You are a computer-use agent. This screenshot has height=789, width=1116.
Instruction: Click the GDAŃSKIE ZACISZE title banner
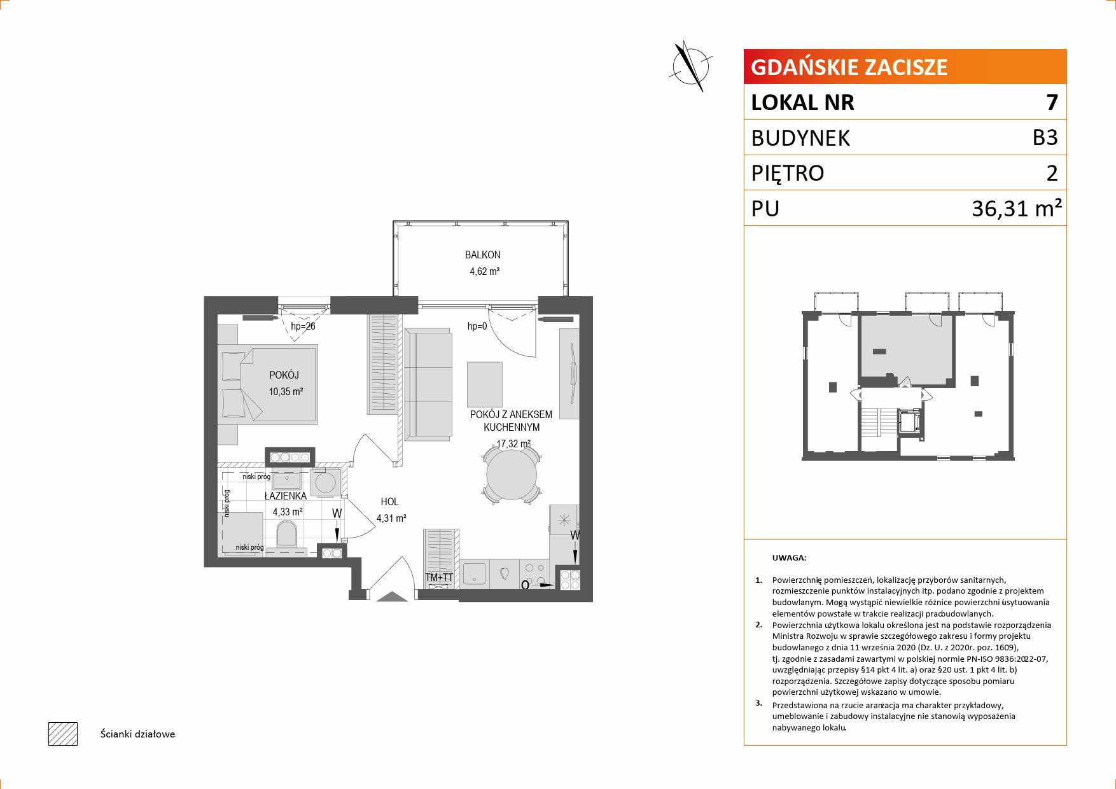(x=905, y=67)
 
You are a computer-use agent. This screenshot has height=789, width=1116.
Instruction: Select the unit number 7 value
(x=1052, y=102)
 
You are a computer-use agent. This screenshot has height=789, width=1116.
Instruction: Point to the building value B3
(x=1045, y=137)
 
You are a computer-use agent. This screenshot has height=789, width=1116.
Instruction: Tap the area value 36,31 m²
(x=1017, y=208)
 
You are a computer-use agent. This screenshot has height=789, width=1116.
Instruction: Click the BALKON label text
(x=482, y=255)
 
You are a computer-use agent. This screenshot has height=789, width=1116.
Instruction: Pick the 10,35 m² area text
(x=286, y=392)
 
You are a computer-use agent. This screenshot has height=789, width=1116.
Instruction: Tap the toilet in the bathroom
(x=287, y=535)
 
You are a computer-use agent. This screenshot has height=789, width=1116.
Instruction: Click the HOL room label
(x=389, y=502)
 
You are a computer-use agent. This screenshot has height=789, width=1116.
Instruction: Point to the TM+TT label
(x=439, y=578)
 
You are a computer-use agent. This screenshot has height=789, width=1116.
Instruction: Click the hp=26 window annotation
(x=303, y=326)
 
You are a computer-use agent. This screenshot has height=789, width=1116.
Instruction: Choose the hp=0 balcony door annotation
(x=477, y=326)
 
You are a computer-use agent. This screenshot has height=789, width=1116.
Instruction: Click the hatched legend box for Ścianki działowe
(x=63, y=734)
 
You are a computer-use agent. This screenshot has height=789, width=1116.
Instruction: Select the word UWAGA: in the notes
(x=789, y=558)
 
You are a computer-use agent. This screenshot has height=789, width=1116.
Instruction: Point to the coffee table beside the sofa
(x=485, y=384)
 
